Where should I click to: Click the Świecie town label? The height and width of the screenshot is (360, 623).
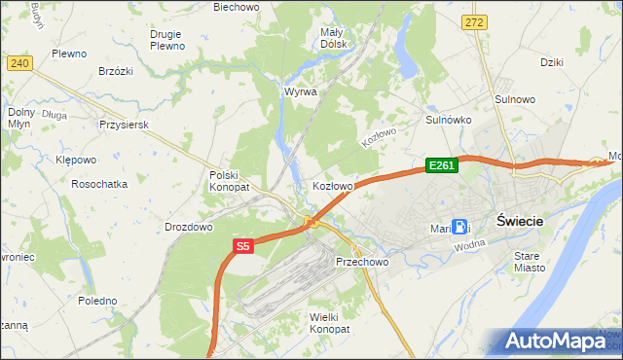519,221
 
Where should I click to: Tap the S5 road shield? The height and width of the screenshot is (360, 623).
243,248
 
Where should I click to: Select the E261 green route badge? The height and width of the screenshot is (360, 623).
441,165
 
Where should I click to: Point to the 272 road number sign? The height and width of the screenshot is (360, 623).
474,21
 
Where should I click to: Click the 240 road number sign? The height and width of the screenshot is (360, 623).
18,63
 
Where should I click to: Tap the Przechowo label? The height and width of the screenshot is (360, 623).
362,262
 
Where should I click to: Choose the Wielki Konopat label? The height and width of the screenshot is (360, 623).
328,323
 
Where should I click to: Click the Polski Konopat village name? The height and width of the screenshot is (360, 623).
230,180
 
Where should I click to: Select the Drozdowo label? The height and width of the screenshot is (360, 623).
189,227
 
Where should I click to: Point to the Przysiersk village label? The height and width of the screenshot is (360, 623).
123,125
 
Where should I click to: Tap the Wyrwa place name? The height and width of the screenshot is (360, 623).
300,91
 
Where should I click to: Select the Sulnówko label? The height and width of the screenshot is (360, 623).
449,120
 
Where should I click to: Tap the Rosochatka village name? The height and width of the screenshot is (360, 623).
101,183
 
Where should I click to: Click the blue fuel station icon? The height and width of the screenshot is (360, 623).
458,225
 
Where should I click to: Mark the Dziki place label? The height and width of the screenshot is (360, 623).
552,62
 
